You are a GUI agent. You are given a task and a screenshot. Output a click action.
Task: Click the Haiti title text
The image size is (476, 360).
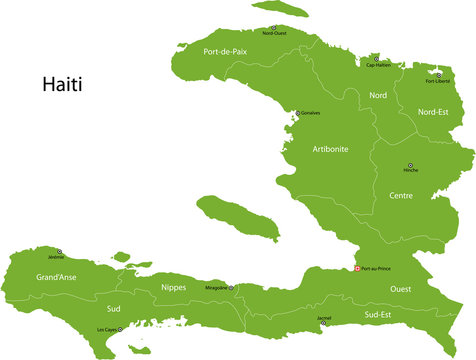point(62,84)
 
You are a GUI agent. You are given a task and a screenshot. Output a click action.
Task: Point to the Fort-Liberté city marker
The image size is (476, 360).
point(437,73)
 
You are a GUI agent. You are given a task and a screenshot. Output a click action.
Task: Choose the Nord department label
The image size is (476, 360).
point(378,95)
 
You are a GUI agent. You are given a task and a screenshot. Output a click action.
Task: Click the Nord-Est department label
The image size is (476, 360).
point(433,112)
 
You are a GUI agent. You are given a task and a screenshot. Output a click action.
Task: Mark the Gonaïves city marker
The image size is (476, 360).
point(295,113)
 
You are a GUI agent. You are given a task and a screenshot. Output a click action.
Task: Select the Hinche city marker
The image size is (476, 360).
point(409,166)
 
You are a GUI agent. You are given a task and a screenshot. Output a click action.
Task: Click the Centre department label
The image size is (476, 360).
point(401,196)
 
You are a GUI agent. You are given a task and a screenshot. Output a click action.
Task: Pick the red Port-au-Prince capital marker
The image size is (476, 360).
point(357,268)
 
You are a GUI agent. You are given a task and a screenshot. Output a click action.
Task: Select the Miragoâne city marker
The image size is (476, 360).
point(231,288)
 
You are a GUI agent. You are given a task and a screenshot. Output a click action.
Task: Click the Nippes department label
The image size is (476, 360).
point(173,288)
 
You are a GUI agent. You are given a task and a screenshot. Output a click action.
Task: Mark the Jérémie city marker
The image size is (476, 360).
point(59,252)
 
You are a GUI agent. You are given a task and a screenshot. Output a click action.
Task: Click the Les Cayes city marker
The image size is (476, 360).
point(120,329)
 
